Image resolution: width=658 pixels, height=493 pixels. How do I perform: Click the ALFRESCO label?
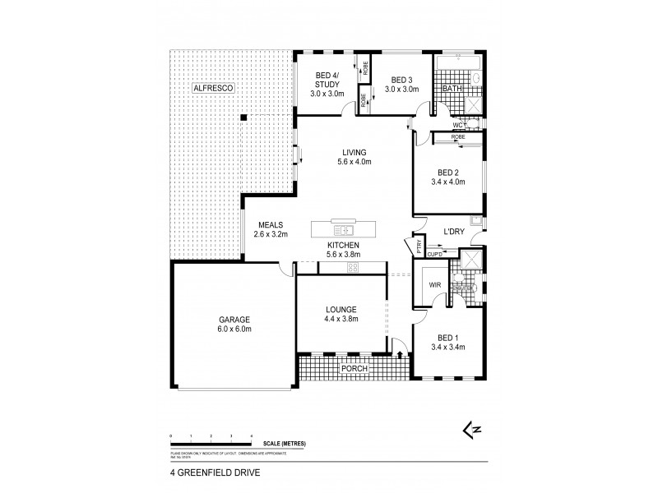[213, 87]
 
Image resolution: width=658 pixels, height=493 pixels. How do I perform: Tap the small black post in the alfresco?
[243, 117]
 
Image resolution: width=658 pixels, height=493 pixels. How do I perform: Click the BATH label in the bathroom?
[452, 88]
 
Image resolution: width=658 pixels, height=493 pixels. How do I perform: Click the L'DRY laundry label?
[455, 233]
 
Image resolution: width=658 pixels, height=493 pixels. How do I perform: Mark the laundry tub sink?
[475, 220]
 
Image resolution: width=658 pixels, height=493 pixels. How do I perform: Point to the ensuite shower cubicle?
[473, 259]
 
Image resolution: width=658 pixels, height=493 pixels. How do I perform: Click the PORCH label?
[355, 368]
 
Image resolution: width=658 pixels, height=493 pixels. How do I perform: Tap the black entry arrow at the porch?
[400, 355]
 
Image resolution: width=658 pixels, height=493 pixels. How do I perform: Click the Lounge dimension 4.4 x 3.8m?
[341, 319]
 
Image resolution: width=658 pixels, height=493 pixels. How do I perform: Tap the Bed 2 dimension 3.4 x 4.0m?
[447, 182]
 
